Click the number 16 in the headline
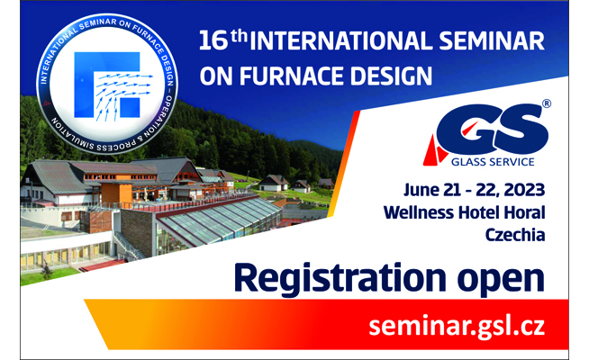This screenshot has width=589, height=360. (213, 40)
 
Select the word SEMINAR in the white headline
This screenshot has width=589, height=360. (492, 40)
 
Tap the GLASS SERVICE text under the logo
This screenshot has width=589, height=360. (493, 162)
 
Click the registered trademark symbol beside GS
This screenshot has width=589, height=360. (547, 103)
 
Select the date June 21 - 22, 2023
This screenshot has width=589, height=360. (474, 190)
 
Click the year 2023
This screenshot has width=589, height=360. (524, 190)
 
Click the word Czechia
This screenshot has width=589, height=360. (515, 235)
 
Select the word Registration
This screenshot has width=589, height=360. (340, 278)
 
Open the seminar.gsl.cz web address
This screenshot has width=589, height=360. (457, 327)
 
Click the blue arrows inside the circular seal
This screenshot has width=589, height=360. (122, 93)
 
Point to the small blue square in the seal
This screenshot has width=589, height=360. (130, 107)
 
